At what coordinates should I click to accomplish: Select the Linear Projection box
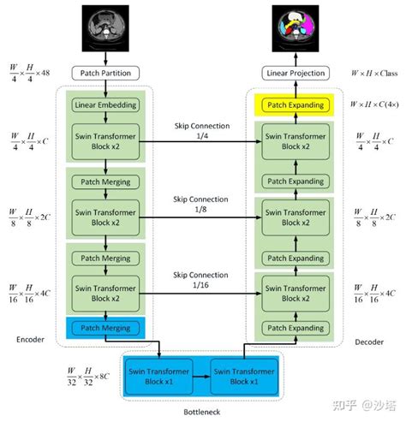pyautogui.click(x=296, y=74)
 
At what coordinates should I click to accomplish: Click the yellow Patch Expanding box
pyautogui.click(x=296, y=105)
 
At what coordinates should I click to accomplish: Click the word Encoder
pyautogui.click(x=30, y=340)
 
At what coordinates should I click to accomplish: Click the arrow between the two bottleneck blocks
pyautogui.click(x=202, y=376)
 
